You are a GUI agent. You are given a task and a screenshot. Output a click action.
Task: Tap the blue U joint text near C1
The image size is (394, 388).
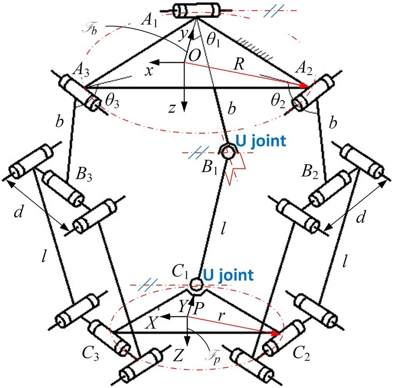229,275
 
